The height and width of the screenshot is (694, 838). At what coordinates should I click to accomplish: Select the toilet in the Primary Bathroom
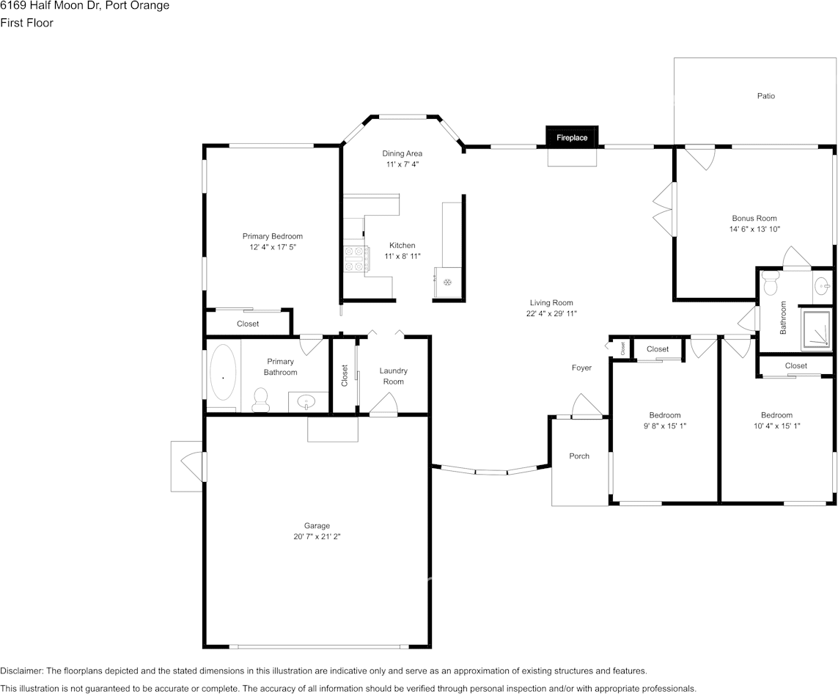coord(260,400)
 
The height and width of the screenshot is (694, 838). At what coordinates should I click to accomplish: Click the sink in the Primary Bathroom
coord(306,401)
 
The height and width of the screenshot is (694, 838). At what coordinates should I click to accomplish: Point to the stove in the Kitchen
coord(356,260)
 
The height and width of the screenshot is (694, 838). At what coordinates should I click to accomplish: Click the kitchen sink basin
coord(447,282)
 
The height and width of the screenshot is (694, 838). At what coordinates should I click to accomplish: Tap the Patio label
coord(766,96)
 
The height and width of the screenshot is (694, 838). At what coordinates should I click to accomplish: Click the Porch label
coord(579,456)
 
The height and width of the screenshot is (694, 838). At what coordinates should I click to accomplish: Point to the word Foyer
coord(581,368)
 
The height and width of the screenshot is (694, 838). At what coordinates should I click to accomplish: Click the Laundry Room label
coord(394,376)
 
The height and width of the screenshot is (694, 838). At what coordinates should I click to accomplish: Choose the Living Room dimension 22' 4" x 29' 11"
coord(551,314)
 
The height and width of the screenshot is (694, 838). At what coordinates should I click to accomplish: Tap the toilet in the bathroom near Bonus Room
coord(770,283)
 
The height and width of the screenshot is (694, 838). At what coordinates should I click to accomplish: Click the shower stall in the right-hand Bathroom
coord(817,328)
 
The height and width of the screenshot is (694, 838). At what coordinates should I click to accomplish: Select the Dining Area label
coord(402,153)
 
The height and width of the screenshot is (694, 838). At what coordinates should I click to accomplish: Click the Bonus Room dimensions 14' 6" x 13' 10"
coord(754,230)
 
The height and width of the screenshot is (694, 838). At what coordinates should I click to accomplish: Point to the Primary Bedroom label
coord(273,236)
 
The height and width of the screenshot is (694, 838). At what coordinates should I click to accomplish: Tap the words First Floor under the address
coord(26,23)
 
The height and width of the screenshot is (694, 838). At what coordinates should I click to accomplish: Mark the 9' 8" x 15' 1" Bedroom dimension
coord(665,426)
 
